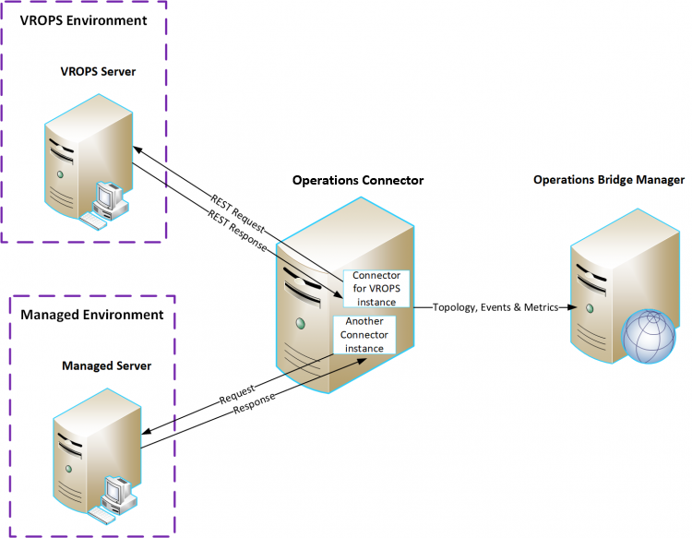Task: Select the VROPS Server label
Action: (x=99, y=71)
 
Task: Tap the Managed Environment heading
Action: (x=92, y=315)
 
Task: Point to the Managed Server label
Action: (x=106, y=366)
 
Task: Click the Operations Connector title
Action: (x=358, y=180)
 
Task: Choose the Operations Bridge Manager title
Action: (x=609, y=179)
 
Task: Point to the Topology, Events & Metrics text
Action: (x=495, y=307)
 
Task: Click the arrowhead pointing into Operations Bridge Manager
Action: (x=563, y=307)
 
